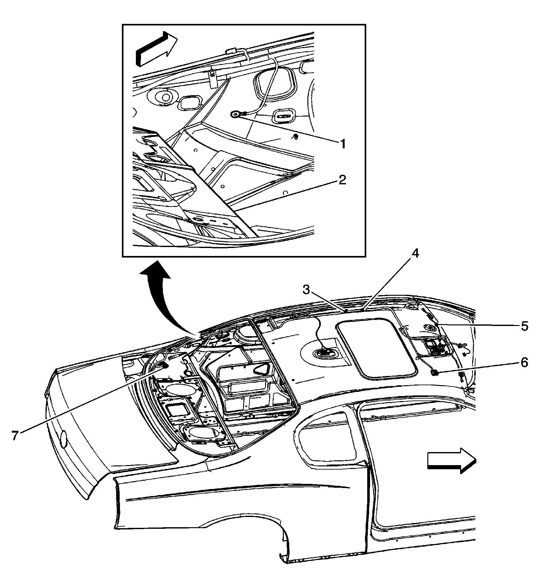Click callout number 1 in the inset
click(x=343, y=144)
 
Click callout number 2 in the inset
click(x=342, y=181)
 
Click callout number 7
click(x=15, y=435)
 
